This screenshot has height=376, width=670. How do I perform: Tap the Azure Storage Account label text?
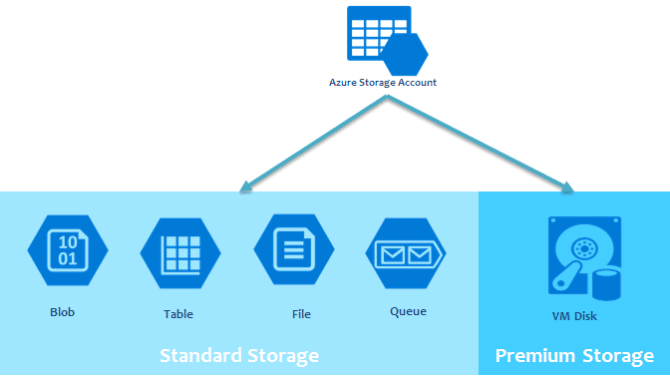[x=383, y=83]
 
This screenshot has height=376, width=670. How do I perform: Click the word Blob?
[x=62, y=312]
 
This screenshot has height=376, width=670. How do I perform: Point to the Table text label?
[x=178, y=314]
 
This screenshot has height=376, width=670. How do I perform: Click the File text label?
[x=301, y=314]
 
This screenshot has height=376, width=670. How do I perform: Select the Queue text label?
[x=408, y=311]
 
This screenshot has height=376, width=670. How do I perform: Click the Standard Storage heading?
[x=239, y=355]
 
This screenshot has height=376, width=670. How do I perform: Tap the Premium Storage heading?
[x=574, y=355]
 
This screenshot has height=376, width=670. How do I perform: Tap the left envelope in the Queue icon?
[x=391, y=256]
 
